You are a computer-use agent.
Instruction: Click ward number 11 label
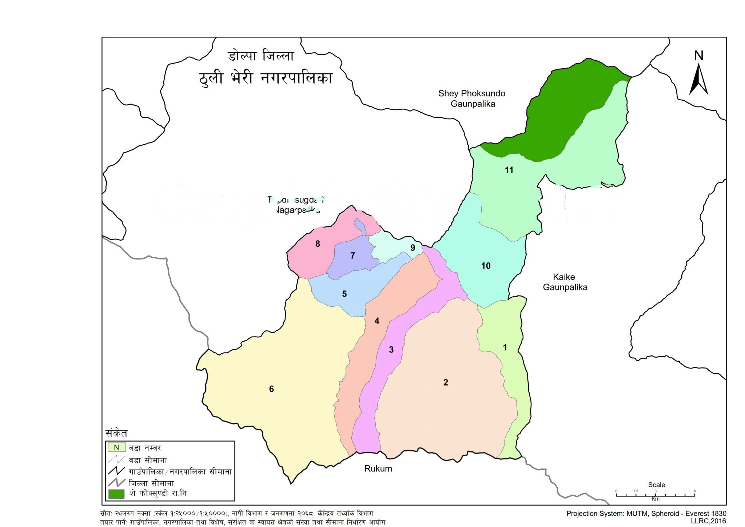[509, 170]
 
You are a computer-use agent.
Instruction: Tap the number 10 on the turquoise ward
[486, 266]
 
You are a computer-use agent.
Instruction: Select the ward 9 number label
[413, 248]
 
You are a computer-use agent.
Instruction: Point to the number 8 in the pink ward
[318, 244]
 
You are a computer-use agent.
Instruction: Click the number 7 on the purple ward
[352, 256]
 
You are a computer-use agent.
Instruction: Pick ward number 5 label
[344, 294]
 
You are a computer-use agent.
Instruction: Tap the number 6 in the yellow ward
[271, 389]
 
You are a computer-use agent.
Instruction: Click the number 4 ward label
[377, 321]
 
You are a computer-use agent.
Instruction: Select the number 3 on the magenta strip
[391, 350]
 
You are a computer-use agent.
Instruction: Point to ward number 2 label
[446, 382]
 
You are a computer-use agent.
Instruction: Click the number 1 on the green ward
[505, 348]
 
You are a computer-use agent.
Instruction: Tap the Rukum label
[378, 469]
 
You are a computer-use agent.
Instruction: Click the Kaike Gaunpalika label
[565, 282]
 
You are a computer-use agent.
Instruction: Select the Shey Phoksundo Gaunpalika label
[472, 98]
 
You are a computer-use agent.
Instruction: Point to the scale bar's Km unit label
[655, 499]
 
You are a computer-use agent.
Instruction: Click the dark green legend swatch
[116, 494]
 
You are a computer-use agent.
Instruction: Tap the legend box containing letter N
[116, 447]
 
